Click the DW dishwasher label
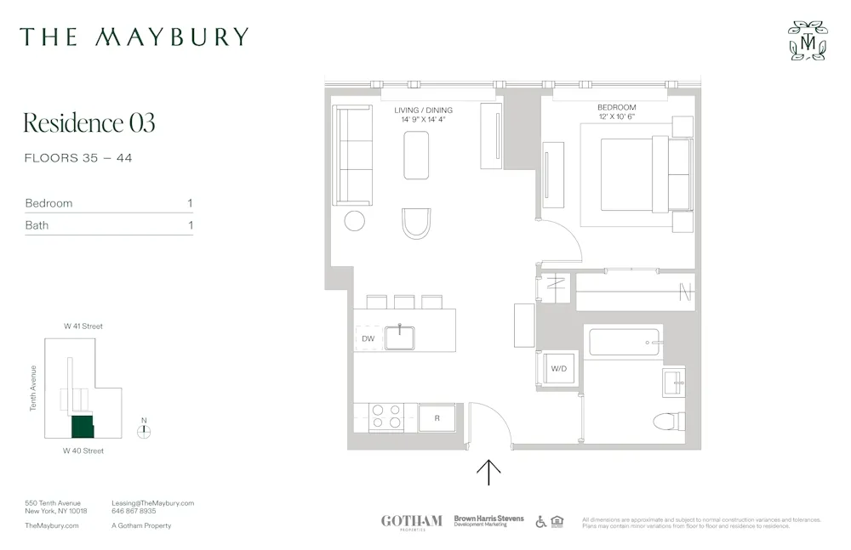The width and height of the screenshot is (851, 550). (368, 338)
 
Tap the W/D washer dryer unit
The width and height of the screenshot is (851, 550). (558, 369)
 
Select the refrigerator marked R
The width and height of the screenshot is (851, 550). (437, 418)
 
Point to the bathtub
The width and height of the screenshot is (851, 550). (625, 343)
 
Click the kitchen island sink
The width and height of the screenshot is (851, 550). (399, 337)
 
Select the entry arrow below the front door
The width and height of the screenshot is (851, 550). (489, 472)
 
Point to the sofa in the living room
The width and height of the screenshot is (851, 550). (352, 156)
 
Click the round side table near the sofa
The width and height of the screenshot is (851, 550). (355, 221)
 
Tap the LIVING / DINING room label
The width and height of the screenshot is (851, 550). (423, 111)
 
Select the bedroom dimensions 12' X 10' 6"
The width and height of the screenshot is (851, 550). (616, 116)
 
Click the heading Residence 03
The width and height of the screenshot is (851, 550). (89, 122)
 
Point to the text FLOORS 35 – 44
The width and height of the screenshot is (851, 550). (78, 158)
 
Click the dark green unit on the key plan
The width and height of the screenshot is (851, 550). (82, 426)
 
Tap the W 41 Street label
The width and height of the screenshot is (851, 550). (83, 326)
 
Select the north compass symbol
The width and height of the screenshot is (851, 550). (144, 429)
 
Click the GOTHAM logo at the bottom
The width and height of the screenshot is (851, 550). (411, 521)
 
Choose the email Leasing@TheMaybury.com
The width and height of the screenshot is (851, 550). (153, 503)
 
